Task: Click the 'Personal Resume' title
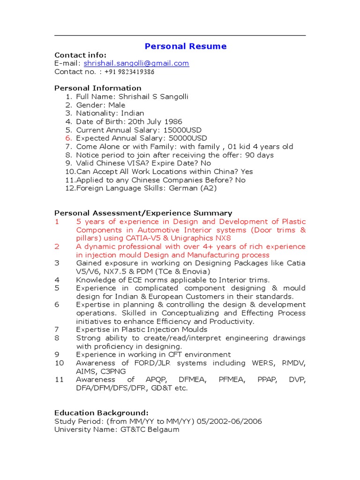tap(186, 46)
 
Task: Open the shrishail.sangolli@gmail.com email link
tap(136, 63)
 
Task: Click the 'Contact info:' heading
tap(81, 55)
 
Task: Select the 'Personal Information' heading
tap(98, 88)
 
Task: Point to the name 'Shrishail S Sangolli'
tap(153, 97)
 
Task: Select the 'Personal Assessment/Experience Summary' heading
tap(143, 213)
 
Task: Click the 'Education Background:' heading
tap(101, 413)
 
